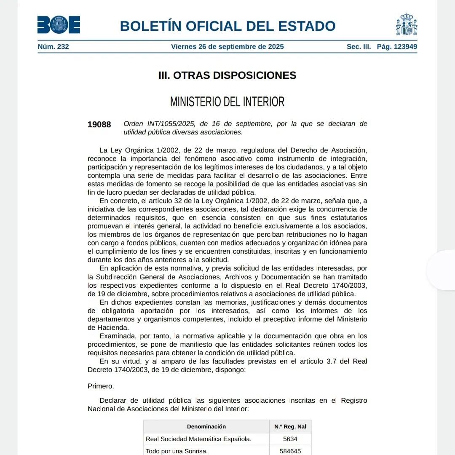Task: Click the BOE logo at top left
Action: tap(59, 25)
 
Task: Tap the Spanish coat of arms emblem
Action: tap(407, 24)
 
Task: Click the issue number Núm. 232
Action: tap(53, 47)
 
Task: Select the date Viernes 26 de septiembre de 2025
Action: tap(227, 47)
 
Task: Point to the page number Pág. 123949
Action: tap(397, 47)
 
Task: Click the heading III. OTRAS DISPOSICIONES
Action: tap(227, 75)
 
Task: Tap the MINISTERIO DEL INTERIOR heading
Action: tap(227, 102)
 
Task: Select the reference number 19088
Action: tap(99, 124)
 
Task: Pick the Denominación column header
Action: tap(206, 427)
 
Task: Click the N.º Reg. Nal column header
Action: tap(290, 427)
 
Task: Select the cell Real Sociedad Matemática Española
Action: tap(198, 439)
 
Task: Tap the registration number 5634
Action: tap(290, 439)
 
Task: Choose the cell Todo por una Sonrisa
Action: tap(177, 451)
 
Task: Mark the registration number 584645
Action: tap(290, 451)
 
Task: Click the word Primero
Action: tap(101, 386)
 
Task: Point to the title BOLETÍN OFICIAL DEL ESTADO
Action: tap(227, 26)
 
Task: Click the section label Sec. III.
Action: tap(359, 47)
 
